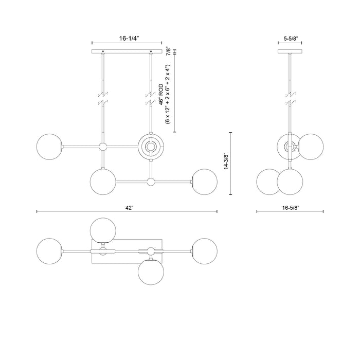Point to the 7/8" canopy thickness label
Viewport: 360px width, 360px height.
click(x=168, y=51)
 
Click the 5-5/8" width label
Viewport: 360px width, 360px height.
click(x=291, y=38)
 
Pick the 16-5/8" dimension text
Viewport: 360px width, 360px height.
click(x=290, y=207)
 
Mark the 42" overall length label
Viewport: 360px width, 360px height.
click(x=129, y=207)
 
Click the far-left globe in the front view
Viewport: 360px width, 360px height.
click(x=50, y=147)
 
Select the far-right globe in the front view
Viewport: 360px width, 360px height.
click(x=204, y=182)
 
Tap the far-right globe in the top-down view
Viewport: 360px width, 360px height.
click(x=204, y=251)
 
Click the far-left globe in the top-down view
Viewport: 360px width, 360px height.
click(x=50, y=251)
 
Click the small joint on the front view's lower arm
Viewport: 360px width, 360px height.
click(x=151, y=182)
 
